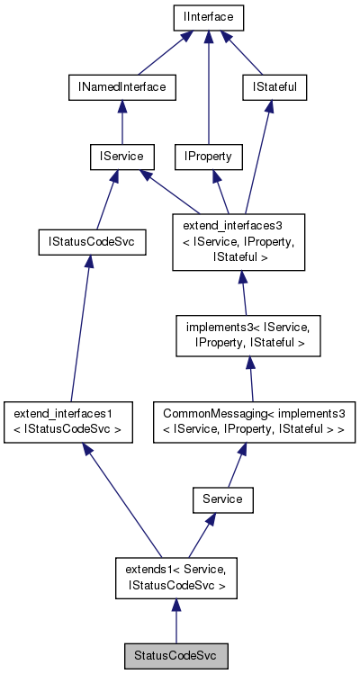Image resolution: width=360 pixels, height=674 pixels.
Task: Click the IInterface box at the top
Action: (208, 16)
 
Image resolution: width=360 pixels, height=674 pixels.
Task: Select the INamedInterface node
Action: (121, 87)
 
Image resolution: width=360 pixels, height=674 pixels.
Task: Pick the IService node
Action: (121, 157)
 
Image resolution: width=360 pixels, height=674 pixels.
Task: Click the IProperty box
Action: (208, 157)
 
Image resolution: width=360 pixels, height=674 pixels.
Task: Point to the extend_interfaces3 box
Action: (239, 241)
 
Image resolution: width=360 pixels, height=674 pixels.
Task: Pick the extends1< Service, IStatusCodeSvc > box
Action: (175, 577)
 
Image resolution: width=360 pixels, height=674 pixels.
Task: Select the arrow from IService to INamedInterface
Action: (121, 122)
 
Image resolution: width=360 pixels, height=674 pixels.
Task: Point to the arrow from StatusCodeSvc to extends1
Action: (175, 623)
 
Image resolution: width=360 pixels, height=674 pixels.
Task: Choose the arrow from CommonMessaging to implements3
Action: (251, 380)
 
